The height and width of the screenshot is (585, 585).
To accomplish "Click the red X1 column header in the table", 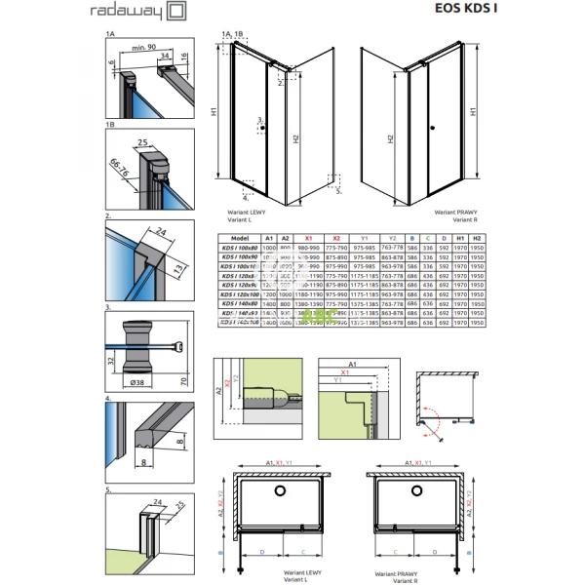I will [x=308, y=237].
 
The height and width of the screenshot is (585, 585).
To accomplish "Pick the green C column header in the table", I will [x=428, y=237].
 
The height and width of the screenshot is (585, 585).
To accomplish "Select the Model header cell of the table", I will [x=235, y=237].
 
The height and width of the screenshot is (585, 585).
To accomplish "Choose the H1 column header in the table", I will [x=459, y=237].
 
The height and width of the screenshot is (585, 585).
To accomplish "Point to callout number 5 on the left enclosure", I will [x=338, y=192].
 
